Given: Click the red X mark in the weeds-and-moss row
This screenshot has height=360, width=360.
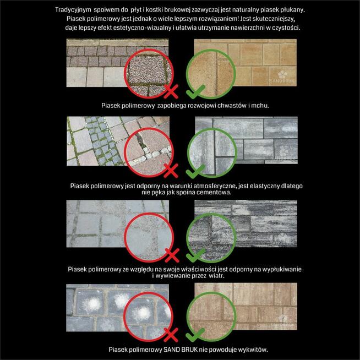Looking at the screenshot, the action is pyautogui.click(x=171, y=91).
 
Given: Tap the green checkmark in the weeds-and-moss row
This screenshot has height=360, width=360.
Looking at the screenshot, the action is pyautogui.click(x=195, y=91).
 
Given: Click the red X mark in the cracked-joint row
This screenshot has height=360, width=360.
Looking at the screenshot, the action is pyautogui.click(x=171, y=171).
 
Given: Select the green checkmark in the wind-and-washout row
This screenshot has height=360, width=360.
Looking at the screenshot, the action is pyautogui.click(x=195, y=255).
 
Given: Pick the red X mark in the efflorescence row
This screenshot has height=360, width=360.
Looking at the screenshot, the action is pyautogui.click(x=171, y=335).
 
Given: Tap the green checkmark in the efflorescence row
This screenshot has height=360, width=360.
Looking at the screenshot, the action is pyautogui.click(x=195, y=335).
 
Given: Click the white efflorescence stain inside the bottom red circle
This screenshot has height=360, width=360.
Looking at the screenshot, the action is pyautogui.click(x=142, y=313).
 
